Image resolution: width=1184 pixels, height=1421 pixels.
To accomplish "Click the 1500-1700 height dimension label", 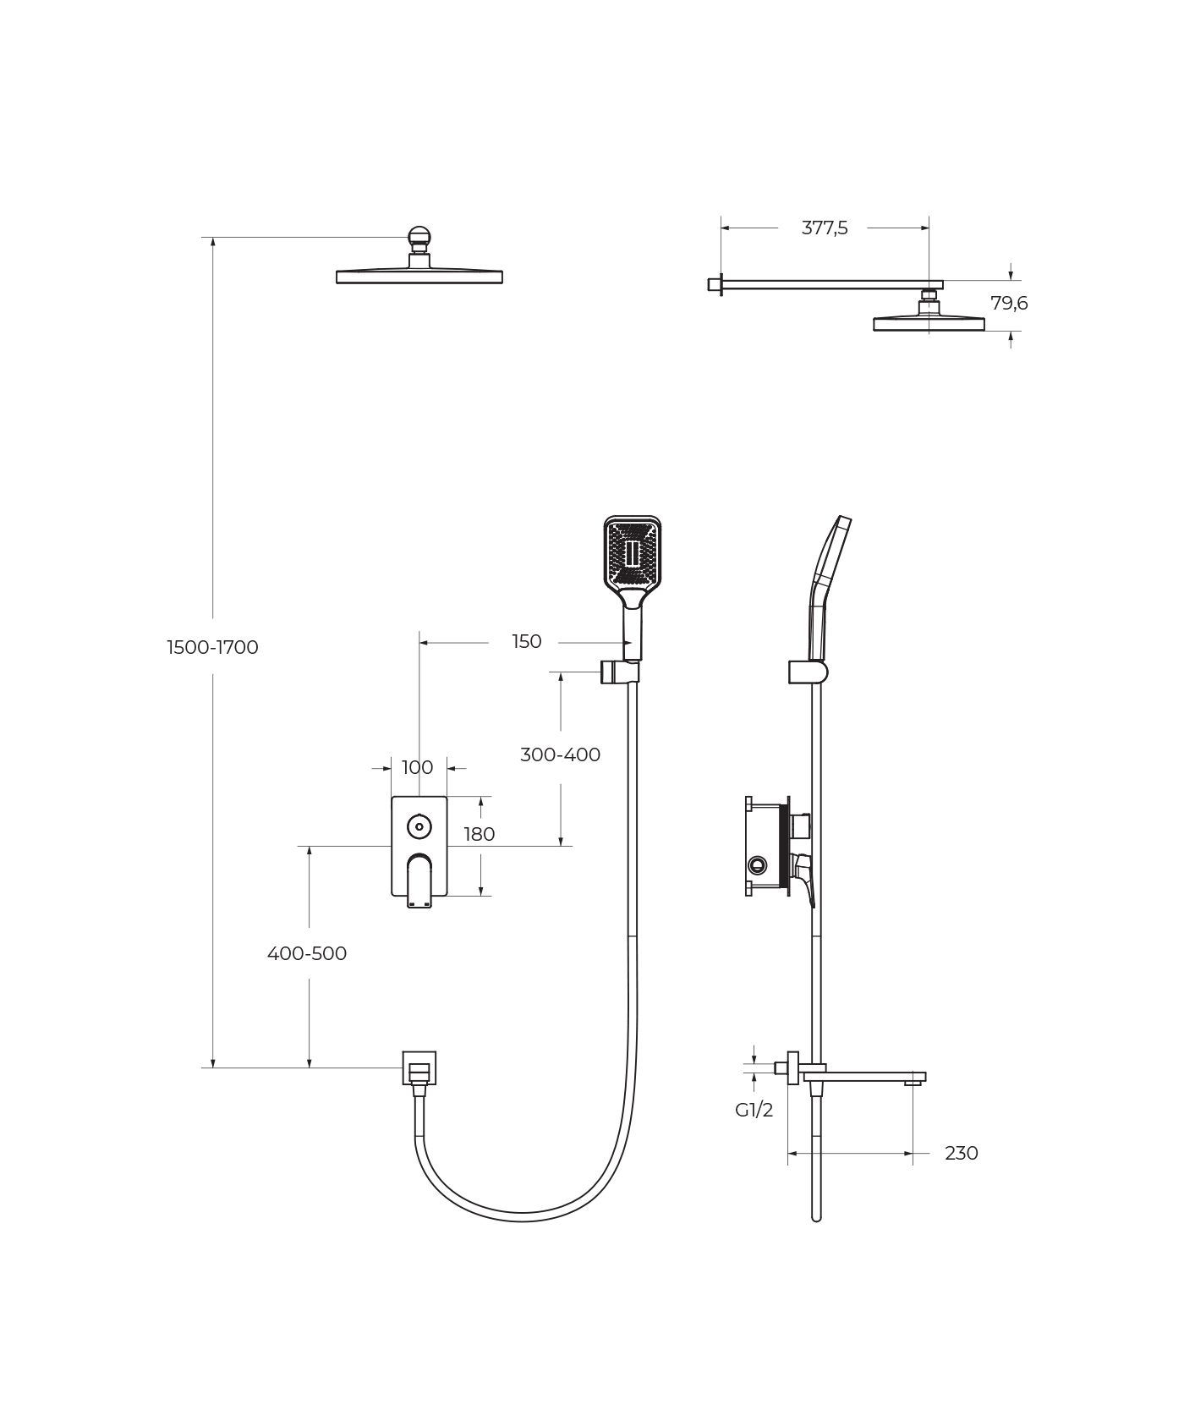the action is click(x=212, y=647).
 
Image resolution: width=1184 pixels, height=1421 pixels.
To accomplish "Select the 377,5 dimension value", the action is click(x=825, y=228).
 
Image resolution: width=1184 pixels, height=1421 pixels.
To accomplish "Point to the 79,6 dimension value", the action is click(x=1009, y=303).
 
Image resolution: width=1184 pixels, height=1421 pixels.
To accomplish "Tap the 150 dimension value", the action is click(x=526, y=641).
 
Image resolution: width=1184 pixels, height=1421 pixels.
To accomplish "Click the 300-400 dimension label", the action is click(x=560, y=754).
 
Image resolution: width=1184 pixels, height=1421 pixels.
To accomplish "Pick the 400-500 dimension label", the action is click(x=307, y=953).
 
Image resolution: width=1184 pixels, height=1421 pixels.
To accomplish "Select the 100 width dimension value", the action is click(x=418, y=767).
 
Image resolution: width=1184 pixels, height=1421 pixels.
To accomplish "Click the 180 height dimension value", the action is click(x=480, y=834).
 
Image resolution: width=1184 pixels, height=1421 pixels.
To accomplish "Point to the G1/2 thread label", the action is click(x=754, y=1111).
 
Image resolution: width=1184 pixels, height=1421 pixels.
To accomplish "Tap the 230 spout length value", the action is click(x=962, y=1153).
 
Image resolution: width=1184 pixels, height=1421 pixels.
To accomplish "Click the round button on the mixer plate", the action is click(x=419, y=826).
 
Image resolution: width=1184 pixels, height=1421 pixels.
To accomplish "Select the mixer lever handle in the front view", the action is click(x=419, y=883).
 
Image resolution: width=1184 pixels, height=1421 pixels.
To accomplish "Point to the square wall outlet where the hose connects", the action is click(x=419, y=1067).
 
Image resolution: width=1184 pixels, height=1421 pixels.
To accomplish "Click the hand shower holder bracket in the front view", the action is click(x=619, y=672).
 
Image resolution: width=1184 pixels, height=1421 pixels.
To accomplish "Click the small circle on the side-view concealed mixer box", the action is click(x=758, y=864).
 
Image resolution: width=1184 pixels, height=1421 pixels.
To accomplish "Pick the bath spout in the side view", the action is click(x=863, y=1077).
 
